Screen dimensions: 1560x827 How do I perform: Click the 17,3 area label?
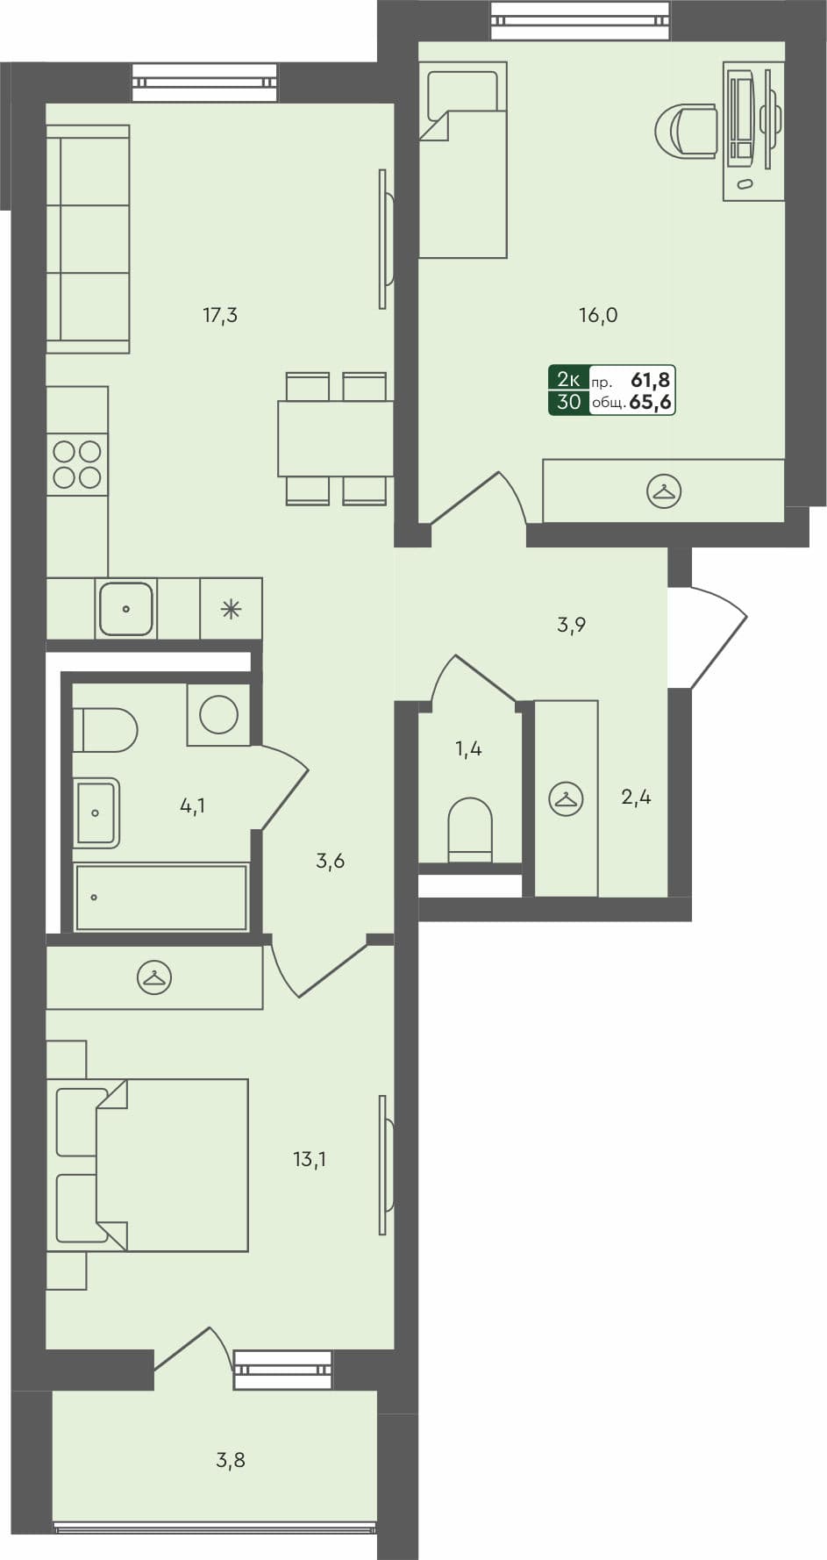tap(220, 315)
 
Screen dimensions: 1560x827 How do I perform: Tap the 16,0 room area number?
tap(598, 315)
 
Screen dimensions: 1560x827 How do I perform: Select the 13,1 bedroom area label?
tap(310, 1159)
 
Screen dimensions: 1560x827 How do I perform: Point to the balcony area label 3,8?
tap(231, 1460)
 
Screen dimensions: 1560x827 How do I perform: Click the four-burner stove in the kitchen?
tap(77, 464)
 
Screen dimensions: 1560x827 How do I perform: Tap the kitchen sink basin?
tap(126, 608)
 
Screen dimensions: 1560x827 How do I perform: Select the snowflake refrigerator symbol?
tap(231, 609)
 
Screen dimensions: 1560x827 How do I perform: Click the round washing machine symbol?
tap(218, 715)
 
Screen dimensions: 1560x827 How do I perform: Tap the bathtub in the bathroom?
tap(160, 898)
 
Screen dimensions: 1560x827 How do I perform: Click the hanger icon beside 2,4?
tap(566, 799)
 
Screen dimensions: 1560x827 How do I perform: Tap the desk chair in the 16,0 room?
tap(688, 132)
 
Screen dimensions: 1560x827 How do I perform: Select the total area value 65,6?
tap(650, 403)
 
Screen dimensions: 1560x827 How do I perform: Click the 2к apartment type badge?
tap(568, 380)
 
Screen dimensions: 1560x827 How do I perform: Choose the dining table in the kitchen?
tap(335, 439)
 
